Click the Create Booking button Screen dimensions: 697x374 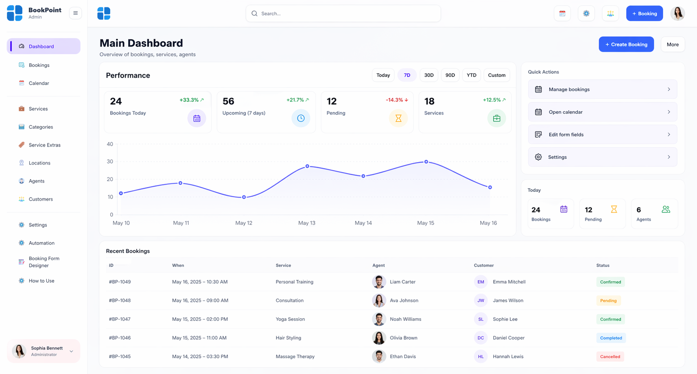pos(626,44)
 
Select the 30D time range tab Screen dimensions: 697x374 pos(429,75)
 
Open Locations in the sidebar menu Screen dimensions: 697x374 pos(39,163)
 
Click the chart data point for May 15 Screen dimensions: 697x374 pos(426,162)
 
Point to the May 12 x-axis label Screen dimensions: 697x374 pos(244,223)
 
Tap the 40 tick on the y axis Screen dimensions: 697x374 pos(110,144)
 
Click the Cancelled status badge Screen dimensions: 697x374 pos(610,356)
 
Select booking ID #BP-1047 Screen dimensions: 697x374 pos(120,319)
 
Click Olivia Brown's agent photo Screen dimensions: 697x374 pos(379,338)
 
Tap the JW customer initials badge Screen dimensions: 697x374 pos(481,300)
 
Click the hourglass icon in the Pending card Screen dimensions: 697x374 pos(398,118)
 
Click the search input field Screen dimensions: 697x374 pos(343,13)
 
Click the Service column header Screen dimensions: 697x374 pos(283,265)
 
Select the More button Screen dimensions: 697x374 pos(673,44)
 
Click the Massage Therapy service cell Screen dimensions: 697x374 pos(295,356)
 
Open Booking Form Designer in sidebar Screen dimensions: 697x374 pos(44,262)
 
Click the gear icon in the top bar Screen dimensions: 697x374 pos(586,13)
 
